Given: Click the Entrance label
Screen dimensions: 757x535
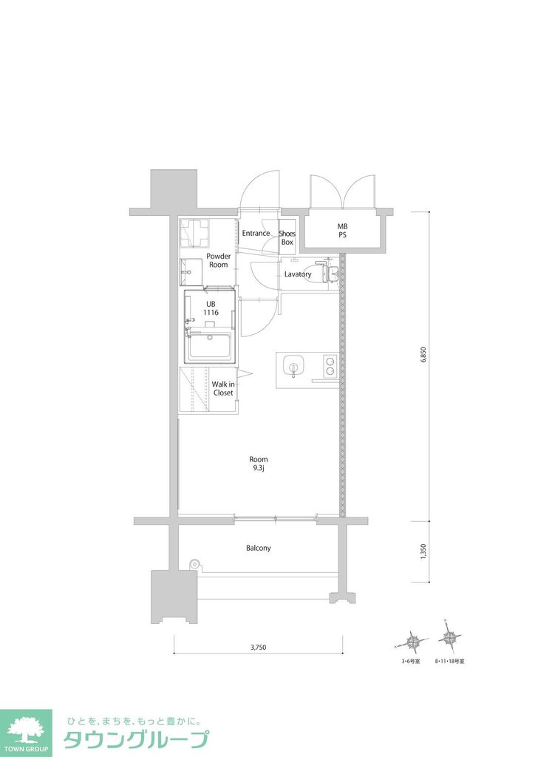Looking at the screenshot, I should (256, 234).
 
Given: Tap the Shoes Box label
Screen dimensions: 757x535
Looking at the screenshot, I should (287, 238).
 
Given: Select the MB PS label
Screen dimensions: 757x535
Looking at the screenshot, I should (343, 231).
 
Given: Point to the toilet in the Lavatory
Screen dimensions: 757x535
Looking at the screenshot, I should (326, 271).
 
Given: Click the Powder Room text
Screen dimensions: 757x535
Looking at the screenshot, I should (218, 260).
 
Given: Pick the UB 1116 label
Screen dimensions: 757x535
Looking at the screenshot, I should (211, 308).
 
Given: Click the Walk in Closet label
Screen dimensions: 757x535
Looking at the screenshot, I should (223, 388).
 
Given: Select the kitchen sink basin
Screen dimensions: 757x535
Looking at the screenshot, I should (294, 366).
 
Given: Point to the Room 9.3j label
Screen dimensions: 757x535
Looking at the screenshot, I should (259, 463).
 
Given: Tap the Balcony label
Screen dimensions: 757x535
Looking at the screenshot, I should (259, 549).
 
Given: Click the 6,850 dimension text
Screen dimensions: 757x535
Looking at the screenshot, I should (424, 355).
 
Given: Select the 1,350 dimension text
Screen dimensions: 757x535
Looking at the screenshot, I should (423, 552).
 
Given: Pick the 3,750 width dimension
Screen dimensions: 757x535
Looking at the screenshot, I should (258, 648).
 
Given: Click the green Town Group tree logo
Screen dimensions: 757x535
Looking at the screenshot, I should (26, 729).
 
